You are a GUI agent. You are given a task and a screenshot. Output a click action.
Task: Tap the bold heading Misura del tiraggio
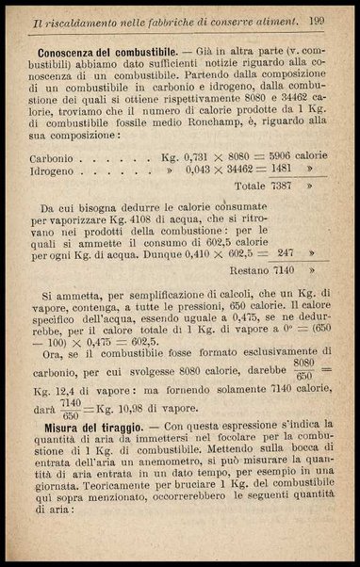[x=88, y=426]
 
